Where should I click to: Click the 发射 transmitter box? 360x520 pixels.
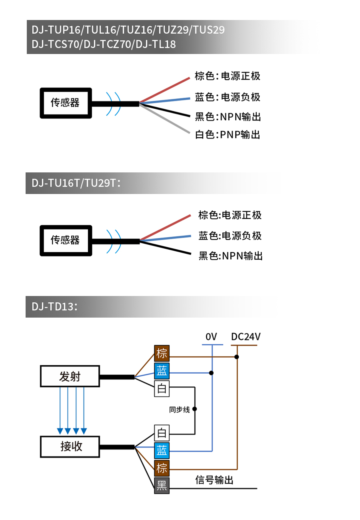[x=70, y=376]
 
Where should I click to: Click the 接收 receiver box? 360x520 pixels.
[x=70, y=446]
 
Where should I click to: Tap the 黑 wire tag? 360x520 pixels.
[x=162, y=486]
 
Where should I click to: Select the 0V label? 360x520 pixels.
[x=211, y=337]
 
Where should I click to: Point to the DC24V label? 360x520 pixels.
[x=246, y=337]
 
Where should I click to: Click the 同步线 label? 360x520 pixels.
[x=179, y=410]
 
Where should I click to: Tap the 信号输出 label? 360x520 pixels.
[x=214, y=480]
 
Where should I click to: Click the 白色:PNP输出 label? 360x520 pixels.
[x=228, y=135]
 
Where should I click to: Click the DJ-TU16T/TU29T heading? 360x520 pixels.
[x=76, y=183]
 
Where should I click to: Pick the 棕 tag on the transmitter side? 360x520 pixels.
[x=162, y=353]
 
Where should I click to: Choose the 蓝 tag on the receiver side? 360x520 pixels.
[x=162, y=451]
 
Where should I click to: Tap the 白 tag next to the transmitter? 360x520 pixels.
[x=162, y=388]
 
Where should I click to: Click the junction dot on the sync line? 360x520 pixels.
[x=195, y=409]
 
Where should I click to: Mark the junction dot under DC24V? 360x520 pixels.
[x=237, y=357]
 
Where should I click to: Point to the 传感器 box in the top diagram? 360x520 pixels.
[x=66, y=103]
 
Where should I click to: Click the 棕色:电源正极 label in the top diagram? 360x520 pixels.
[x=228, y=76]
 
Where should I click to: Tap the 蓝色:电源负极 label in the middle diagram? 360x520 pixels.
[x=230, y=236]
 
